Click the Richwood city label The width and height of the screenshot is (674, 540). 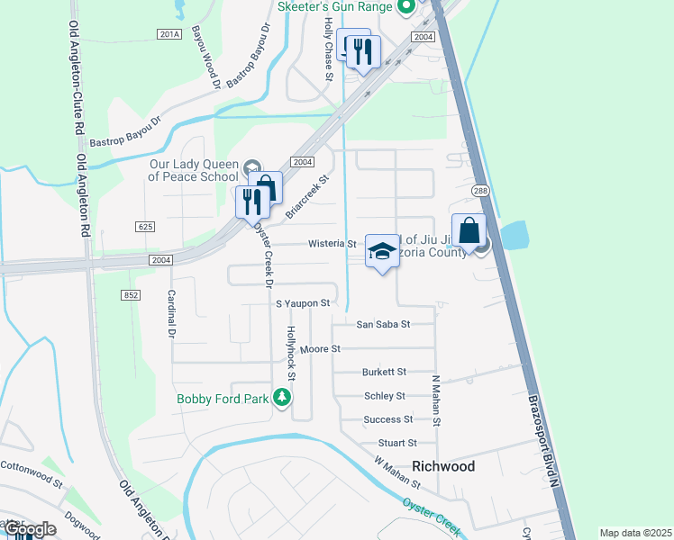[442, 467]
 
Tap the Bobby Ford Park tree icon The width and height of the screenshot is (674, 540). [282, 398]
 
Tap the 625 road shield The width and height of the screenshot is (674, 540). [145, 227]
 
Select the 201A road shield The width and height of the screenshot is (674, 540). [168, 34]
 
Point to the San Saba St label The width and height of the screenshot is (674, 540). [383, 324]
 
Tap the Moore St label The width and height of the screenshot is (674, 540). [320, 348]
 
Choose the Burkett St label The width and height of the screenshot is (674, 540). [385, 372]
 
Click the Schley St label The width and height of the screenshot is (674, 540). [385, 396]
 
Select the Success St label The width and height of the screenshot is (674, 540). [388, 419]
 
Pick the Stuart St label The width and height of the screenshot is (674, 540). [397, 443]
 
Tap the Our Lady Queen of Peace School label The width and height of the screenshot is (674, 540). [194, 170]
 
